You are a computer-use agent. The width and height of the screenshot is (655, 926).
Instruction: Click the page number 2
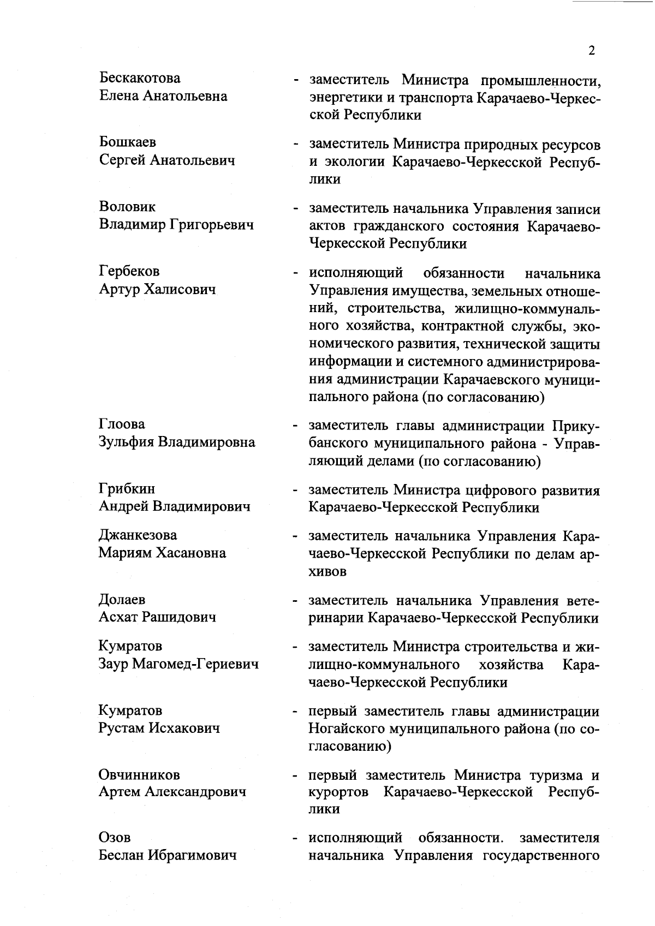[592, 51]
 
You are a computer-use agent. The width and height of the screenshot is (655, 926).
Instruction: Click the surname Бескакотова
[140, 79]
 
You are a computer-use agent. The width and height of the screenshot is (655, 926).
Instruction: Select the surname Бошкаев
[128, 142]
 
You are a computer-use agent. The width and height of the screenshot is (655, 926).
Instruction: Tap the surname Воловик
[127, 207]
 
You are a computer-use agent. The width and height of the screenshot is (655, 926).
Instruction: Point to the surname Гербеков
[129, 271]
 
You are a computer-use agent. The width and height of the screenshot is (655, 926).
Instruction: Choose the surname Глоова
[122, 424]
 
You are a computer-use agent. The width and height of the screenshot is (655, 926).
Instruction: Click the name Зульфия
[126, 442]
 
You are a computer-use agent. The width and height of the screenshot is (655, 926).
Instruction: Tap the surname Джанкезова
[138, 535]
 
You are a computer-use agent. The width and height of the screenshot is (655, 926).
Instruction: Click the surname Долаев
[122, 600]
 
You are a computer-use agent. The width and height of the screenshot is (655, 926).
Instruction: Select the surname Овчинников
[139, 774]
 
